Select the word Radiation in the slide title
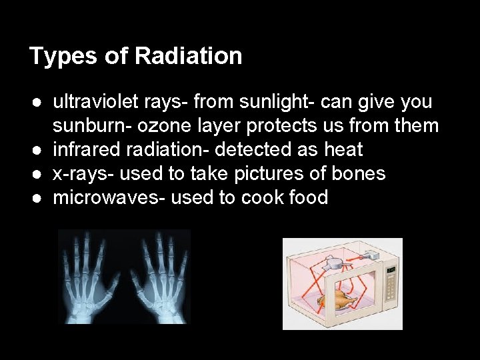188,56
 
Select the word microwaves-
109,197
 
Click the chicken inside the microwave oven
334,300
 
